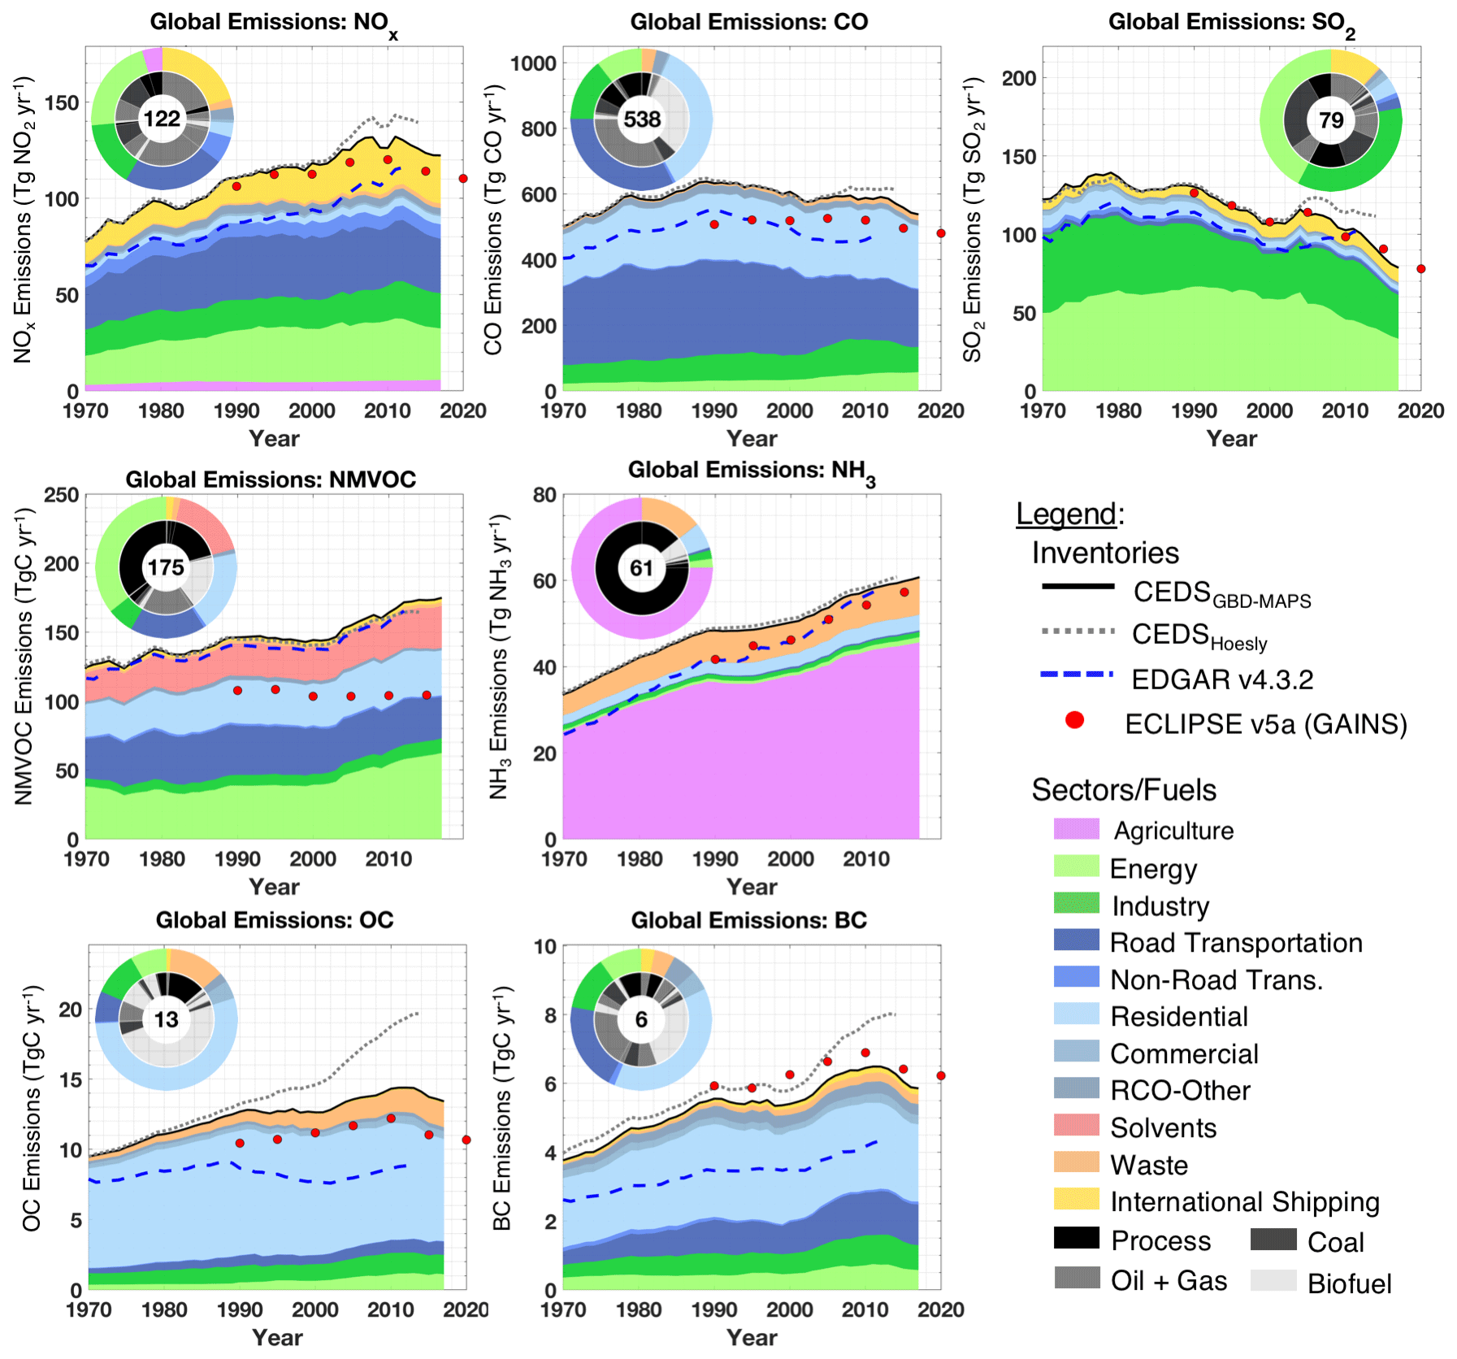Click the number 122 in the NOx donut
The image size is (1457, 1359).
[162, 119]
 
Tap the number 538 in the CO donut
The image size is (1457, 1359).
[641, 119]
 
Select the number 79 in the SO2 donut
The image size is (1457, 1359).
[1330, 121]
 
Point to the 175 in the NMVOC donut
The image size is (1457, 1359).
[166, 567]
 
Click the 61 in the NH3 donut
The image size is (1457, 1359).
[641, 567]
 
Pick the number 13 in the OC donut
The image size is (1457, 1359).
[166, 1019]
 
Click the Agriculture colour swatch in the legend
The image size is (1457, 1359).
[1076, 829]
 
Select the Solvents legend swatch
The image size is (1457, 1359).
[1076, 1126]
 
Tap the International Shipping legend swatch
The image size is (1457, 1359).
[1076, 1200]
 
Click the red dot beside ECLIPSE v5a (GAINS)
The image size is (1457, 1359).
[1074, 720]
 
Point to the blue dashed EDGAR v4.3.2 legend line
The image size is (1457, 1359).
[1076, 675]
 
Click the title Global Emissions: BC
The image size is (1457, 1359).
[748, 920]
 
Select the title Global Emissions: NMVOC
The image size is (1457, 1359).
[271, 480]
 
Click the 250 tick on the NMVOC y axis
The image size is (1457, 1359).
[62, 495]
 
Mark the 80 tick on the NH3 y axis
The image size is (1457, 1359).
[544, 495]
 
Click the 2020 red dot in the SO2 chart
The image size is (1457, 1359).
[1420, 269]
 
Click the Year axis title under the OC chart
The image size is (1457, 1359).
[277, 1337]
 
